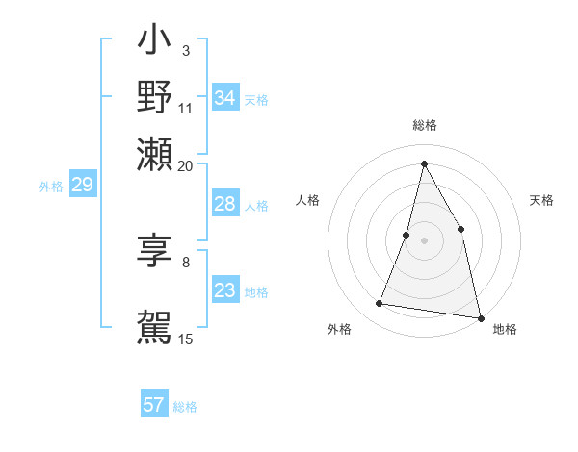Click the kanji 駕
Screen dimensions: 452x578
(154, 326)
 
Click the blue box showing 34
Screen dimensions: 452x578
(224, 98)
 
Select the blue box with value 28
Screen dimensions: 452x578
(224, 204)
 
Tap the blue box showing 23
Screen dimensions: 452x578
(224, 290)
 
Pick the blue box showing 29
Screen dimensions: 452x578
(82, 185)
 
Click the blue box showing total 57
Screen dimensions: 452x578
(153, 405)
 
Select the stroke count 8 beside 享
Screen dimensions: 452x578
(185, 261)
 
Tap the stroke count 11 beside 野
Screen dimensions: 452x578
(185, 108)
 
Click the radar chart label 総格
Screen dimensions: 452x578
(424, 125)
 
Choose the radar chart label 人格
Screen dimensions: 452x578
(307, 200)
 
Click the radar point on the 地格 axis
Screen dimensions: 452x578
(480, 317)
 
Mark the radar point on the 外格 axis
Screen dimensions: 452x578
(379, 304)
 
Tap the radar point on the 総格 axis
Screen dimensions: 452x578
(424, 163)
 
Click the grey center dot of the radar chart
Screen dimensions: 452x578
(424, 239)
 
